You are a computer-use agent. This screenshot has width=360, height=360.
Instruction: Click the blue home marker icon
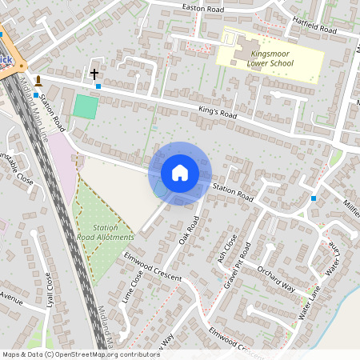click(179, 172)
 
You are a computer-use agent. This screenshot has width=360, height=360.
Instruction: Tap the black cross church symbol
click(94, 73)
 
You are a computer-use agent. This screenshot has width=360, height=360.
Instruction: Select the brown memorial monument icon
click(37, 82)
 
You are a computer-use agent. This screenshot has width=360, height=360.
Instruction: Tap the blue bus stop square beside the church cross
click(98, 86)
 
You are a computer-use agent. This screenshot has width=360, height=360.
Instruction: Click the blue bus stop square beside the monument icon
click(36, 95)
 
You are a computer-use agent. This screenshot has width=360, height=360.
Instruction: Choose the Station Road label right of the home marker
click(233, 192)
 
